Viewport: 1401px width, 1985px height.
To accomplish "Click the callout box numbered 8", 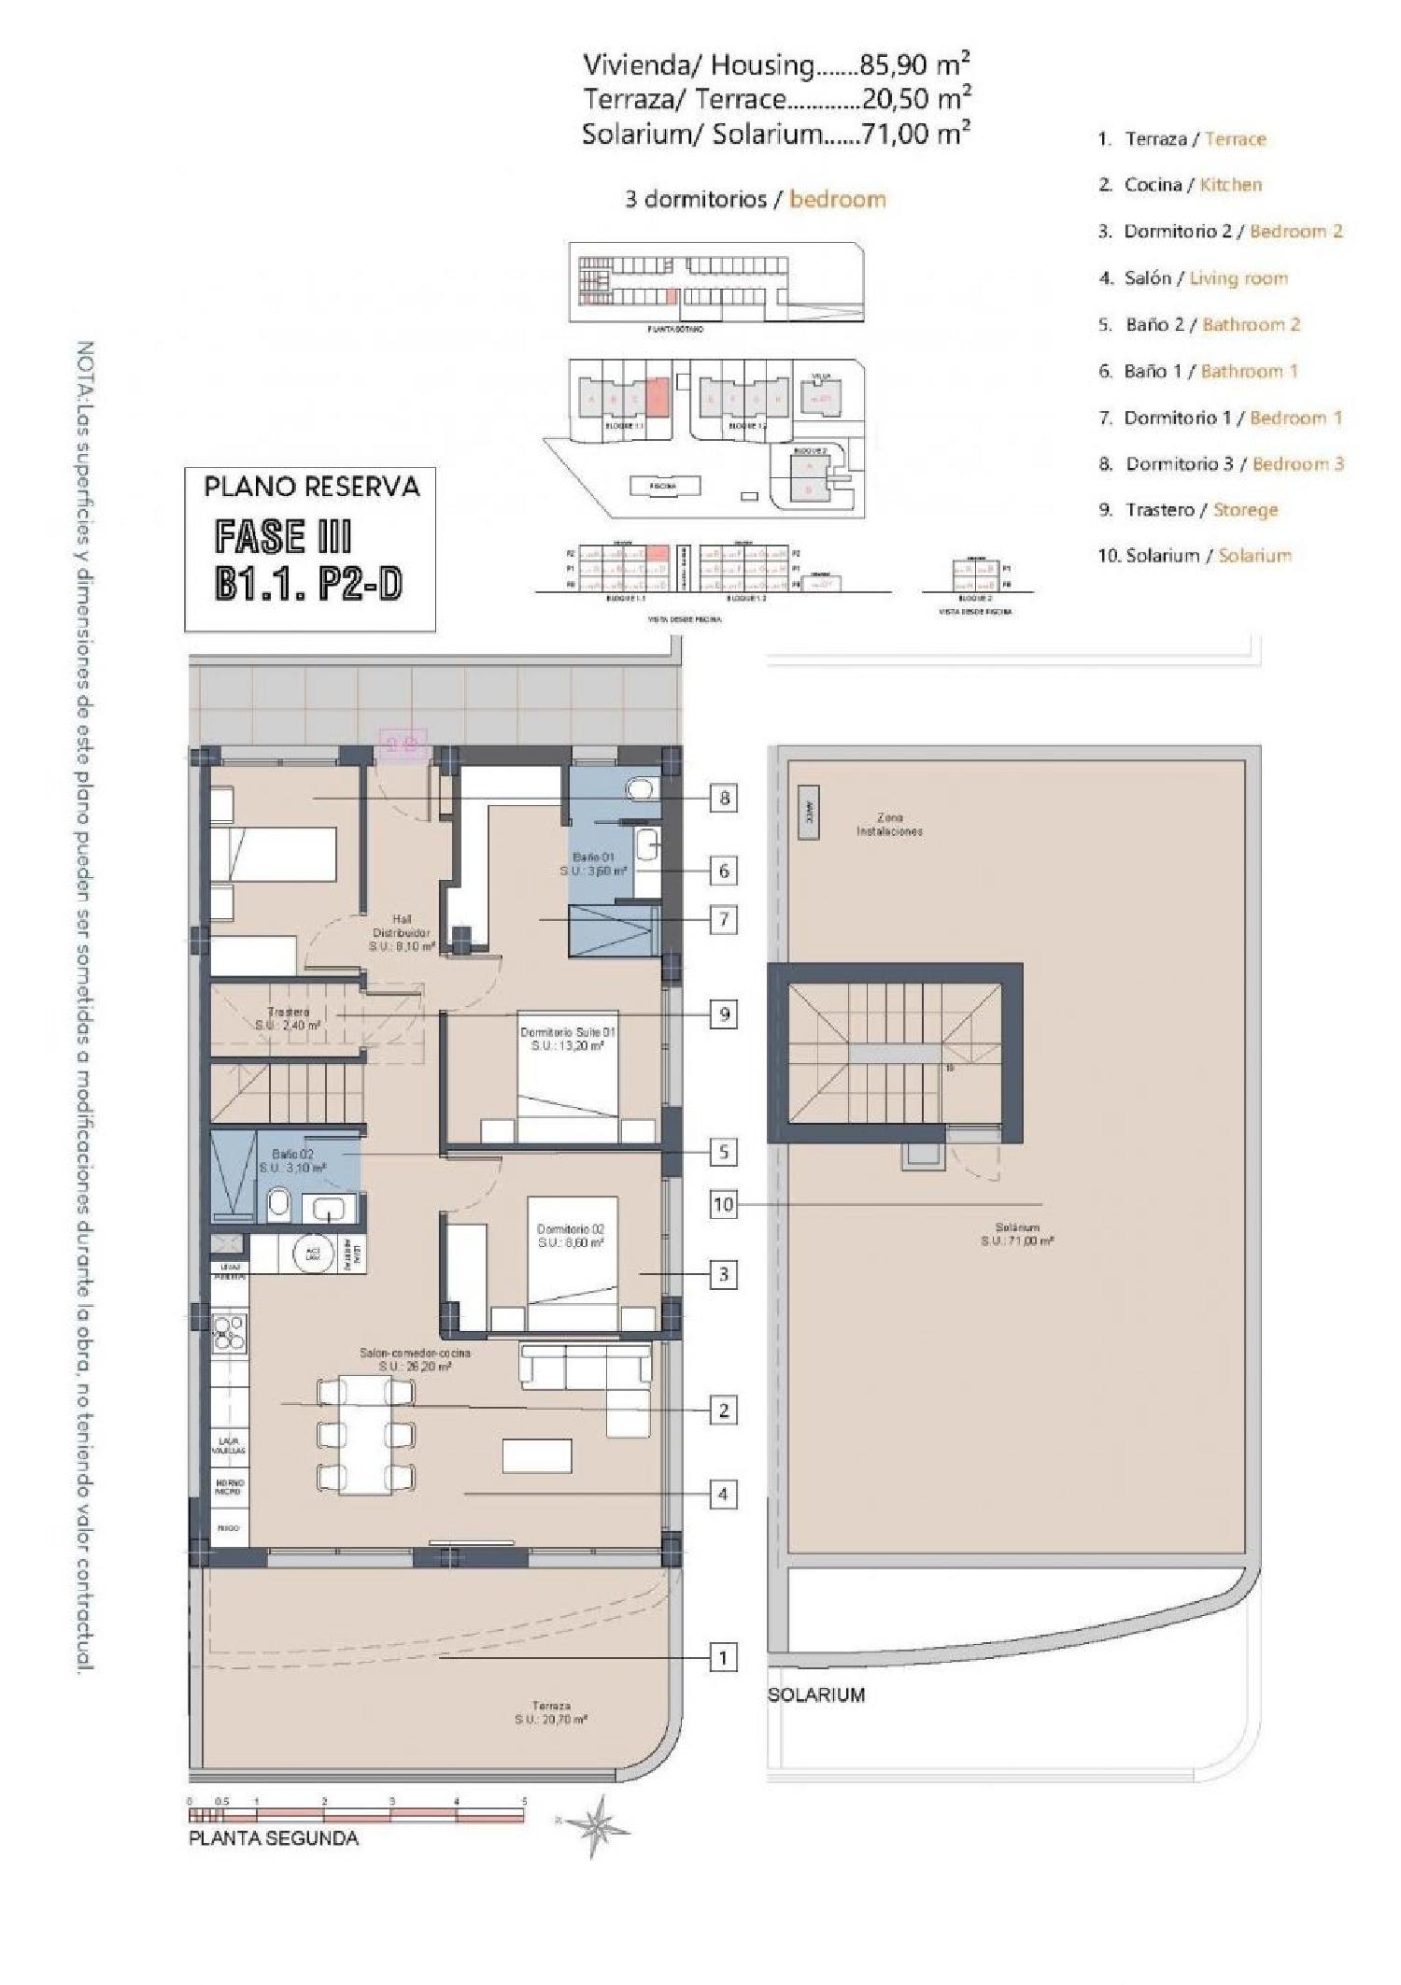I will pyautogui.click(x=723, y=798).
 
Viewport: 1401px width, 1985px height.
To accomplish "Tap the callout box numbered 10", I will pyautogui.click(x=723, y=1204).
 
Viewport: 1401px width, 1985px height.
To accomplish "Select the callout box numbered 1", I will pyautogui.click(x=723, y=1658).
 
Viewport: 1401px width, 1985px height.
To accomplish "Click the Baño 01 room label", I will pyautogui.click(x=594, y=863).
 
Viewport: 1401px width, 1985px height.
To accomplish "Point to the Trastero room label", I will pyautogui.click(x=288, y=1018).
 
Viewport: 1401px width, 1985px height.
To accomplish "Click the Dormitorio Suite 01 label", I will pyautogui.click(x=567, y=1039).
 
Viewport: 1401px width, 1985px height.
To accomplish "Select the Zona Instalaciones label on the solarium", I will pyautogui.click(x=889, y=824).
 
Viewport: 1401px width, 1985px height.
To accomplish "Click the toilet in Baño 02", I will pyautogui.click(x=278, y=1205).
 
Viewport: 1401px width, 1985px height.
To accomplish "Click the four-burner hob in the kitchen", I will pyautogui.click(x=229, y=1333).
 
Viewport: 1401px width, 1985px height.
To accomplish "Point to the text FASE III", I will pyautogui.click(x=282, y=537).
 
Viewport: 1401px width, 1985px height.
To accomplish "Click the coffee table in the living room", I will pyautogui.click(x=537, y=1455).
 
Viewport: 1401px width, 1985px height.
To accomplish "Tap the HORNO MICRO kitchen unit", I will pyautogui.click(x=230, y=1486).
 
